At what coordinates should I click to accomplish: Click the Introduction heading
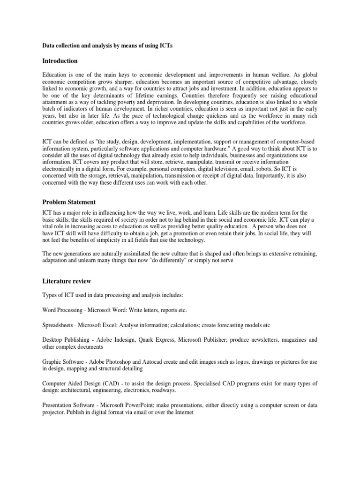[x=60, y=61]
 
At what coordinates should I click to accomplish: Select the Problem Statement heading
[x=69, y=202]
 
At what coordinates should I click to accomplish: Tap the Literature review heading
[x=67, y=281]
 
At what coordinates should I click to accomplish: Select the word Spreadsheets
[x=59, y=325]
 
